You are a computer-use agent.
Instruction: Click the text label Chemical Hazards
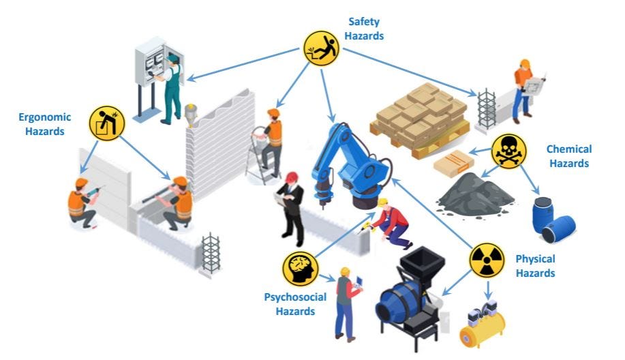coord(568,156)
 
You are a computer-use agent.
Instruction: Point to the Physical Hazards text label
coord(535,266)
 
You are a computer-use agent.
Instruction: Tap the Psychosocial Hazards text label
coord(296,304)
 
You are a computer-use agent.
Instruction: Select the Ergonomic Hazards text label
coord(41,124)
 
